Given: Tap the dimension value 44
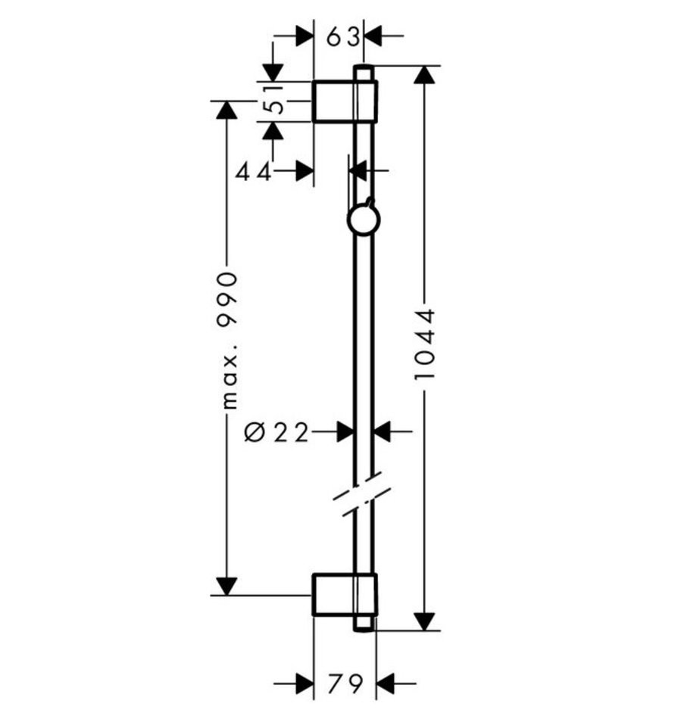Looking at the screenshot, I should coord(253,172).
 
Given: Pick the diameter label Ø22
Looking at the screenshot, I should coord(276,432).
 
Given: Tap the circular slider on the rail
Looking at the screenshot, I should coord(363,220).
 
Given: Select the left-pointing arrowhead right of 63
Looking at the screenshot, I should coord(374,35).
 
